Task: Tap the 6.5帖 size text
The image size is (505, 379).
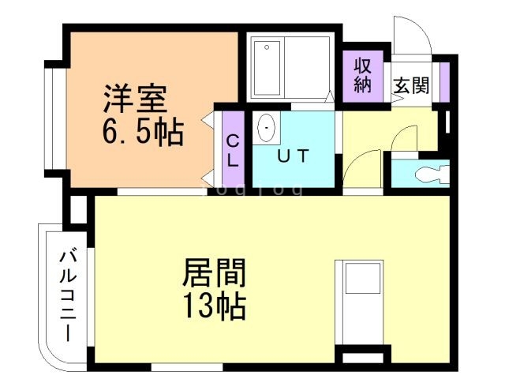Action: tap(142, 132)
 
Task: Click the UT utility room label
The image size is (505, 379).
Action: tap(292, 156)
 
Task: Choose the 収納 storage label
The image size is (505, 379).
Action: tap(362, 75)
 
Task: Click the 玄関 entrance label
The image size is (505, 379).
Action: tap(411, 85)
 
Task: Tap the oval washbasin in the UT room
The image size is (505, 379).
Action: tap(267, 126)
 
